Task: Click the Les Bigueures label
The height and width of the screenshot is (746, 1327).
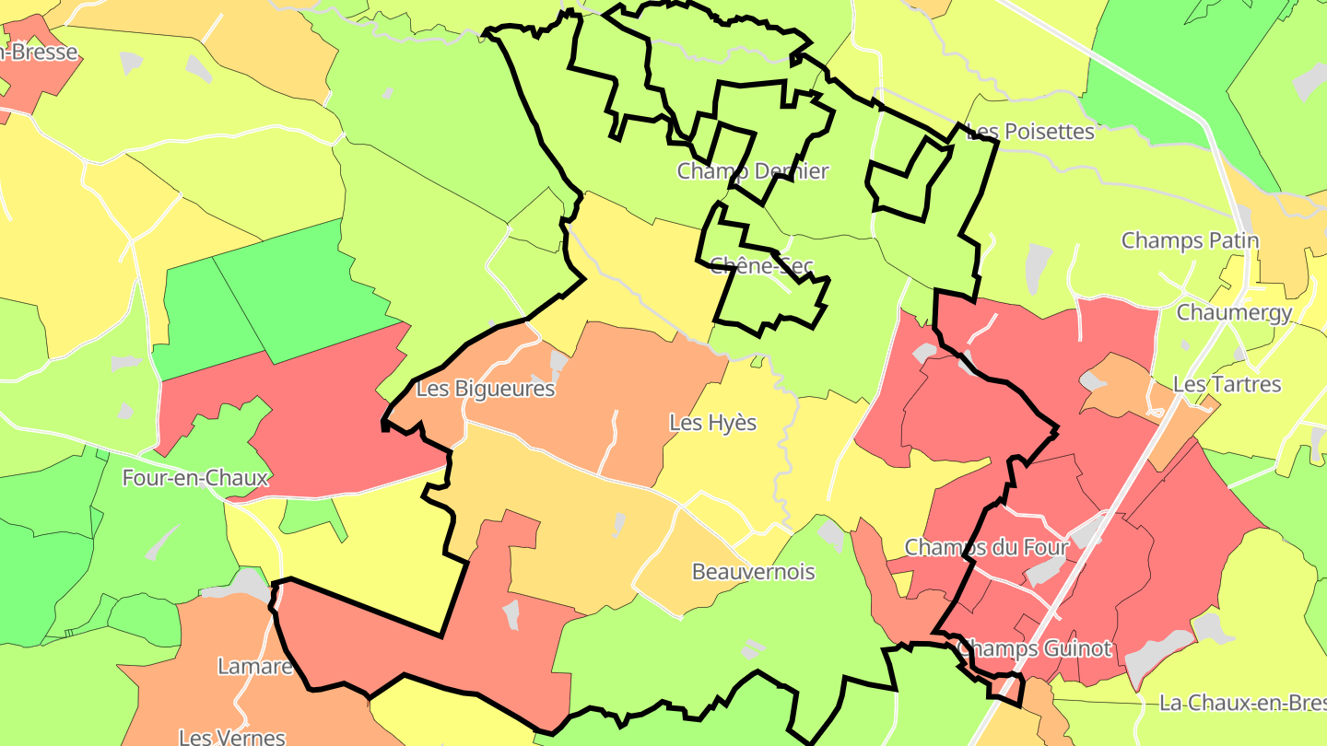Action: point(486,389)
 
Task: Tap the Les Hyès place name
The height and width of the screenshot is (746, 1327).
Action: point(712,423)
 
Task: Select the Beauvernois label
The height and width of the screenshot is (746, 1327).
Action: point(753,572)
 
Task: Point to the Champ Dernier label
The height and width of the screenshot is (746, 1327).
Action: point(753,171)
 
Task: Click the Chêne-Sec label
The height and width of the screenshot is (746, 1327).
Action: point(761,266)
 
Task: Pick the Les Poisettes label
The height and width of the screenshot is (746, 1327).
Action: point(1030,132)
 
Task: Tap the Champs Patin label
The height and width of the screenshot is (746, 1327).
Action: point(1190,240)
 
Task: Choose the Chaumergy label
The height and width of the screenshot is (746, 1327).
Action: point(1234,312)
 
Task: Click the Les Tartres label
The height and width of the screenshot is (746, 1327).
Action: point(1227,384)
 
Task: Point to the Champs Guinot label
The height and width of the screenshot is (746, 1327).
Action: point(1034,648)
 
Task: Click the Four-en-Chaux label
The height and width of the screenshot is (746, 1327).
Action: point(195,478)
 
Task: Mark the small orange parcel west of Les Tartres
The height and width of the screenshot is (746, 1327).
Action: point(1120,387)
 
